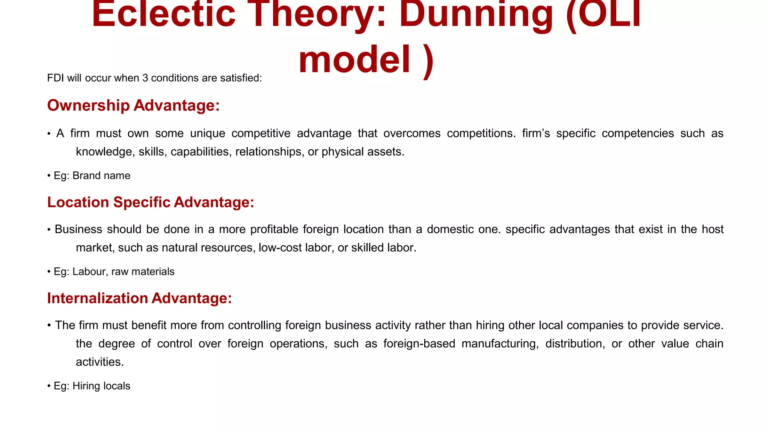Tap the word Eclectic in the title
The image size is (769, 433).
(x=163, y=14)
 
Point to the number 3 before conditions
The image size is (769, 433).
(x=145, y=78)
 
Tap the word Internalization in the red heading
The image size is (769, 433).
(x=97, y=298)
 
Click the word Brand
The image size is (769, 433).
(x=85, y=176)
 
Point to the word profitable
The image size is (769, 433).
(x=274, y=229)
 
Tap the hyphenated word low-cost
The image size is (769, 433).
(x=277, y=248)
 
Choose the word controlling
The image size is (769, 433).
(x=255, y=325)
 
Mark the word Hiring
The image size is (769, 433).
(x=85, y=386)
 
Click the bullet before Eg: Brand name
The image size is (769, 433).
(x=49, y=176)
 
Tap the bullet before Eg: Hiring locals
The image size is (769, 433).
(x=49, y=386)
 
